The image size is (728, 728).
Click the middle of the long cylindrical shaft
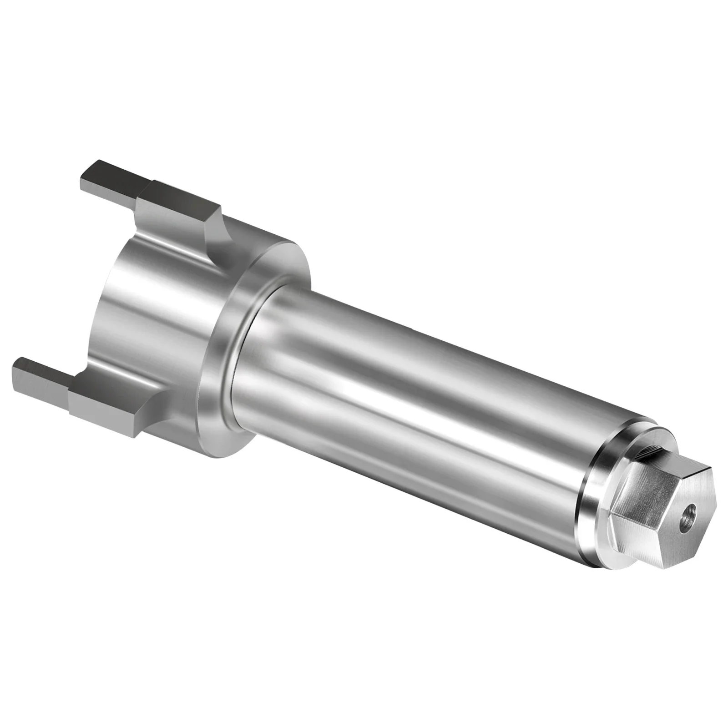pyautogui.click(x=409, y=387)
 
